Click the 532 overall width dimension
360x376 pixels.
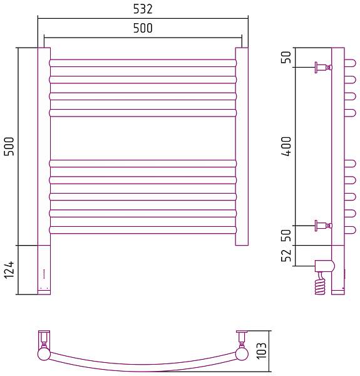(x=143, y=9)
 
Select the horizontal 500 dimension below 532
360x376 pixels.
(x=143, y=28)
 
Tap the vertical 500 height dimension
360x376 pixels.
(x=9, y=146)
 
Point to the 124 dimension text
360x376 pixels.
(x=9, y=270)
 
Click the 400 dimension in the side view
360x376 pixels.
(x=286, y=146)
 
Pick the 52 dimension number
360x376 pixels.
(x=286, y=256)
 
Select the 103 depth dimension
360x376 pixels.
(x=262, y=350)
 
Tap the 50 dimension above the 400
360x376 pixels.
(x=286, y=57)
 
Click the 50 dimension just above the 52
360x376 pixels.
(x=286, y=235)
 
